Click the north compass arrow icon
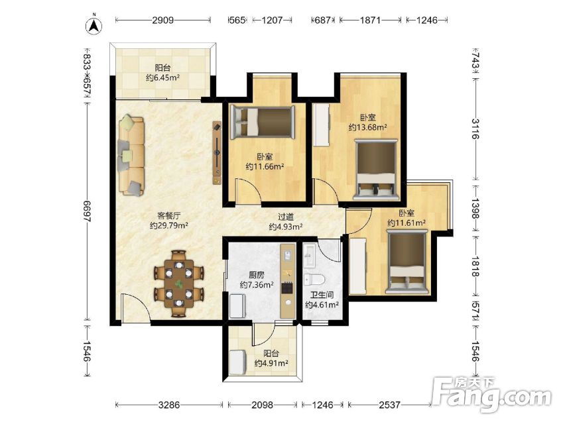94,25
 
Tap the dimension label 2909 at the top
163,20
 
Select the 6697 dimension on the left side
86,211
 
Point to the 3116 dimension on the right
476,129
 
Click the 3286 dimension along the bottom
169,405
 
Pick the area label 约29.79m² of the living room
169,225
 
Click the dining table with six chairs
179,284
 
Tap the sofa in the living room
131,154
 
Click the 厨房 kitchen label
257,275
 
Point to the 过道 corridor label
286,217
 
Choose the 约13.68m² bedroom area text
367,127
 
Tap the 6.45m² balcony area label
162,78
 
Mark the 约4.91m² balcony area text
271,363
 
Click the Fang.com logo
491,394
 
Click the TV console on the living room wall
217,153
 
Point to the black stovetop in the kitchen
287,288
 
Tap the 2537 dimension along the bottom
389,405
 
